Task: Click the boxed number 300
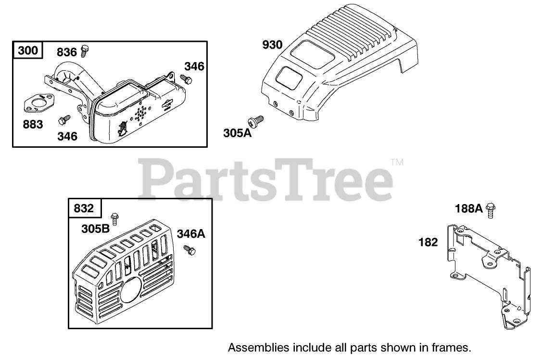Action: click(28, 50)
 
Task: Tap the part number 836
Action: click(67, 51)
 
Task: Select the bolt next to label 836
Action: click(86, 49)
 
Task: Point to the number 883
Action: click(33, 124)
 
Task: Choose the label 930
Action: click(272, 45)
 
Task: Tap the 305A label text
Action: click(238, 133)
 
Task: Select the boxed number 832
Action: click(85, 208)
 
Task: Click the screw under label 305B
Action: click(115, 219)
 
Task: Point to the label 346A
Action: click(191, 234)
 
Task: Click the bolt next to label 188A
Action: click(491, 209)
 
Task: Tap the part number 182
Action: click(428, 242)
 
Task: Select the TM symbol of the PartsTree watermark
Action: click(397, 163)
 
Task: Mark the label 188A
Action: click(469, 208)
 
